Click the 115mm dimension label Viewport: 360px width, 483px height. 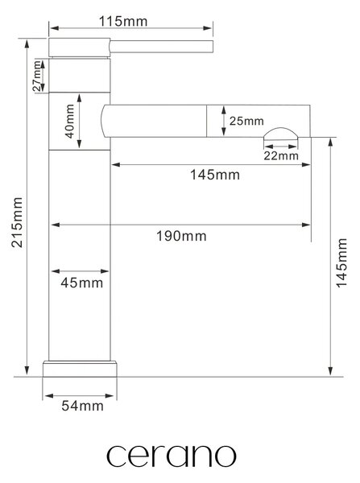(123, 22)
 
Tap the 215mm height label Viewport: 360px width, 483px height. (17, 222)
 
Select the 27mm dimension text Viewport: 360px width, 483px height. (37, 76)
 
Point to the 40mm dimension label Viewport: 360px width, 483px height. (70, 122)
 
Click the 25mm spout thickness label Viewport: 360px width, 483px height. (246, 121)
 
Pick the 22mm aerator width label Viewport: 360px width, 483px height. (281, 155)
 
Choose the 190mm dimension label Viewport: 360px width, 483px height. (181, 236)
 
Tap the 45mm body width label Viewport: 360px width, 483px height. (81, 283)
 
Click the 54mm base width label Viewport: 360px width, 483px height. (82, 406)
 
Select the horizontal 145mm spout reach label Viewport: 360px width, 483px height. (215, 175)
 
